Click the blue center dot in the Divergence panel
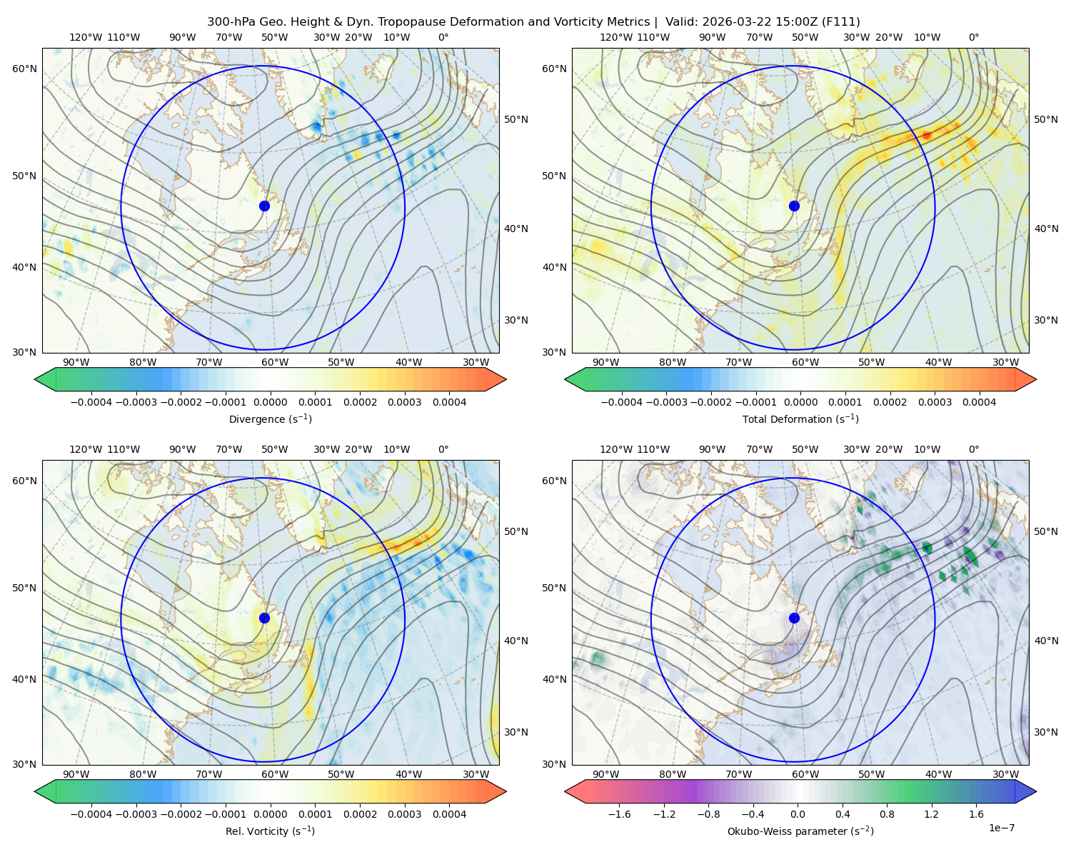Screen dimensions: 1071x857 [264, 206]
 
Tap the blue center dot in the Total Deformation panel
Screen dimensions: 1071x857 [794, 206]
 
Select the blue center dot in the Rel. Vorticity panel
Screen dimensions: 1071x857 [264, 618]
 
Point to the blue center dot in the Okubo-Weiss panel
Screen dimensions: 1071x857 [794, 618]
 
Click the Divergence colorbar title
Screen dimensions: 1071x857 [270, 419]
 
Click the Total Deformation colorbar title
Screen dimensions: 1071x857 [800, 419]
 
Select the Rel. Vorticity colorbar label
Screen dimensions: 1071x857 [270, 831]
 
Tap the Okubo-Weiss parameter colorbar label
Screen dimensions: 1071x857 [800, 831]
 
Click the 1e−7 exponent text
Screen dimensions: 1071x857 [1001, 828]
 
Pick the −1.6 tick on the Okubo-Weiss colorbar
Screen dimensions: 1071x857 [619, 813]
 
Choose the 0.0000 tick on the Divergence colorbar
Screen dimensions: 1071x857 [270, 402]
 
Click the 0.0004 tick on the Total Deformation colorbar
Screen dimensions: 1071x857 [979, 402]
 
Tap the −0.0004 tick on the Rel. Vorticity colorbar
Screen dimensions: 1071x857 [91, 813]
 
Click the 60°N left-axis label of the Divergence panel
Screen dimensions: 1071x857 [24, 69]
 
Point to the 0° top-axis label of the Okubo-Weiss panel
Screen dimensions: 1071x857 [973, 449]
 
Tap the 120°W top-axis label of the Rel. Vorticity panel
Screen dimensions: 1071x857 [86, 449]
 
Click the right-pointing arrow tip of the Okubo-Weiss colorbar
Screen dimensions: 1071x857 [1036, 791]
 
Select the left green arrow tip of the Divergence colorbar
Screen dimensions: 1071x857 [35, 379]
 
